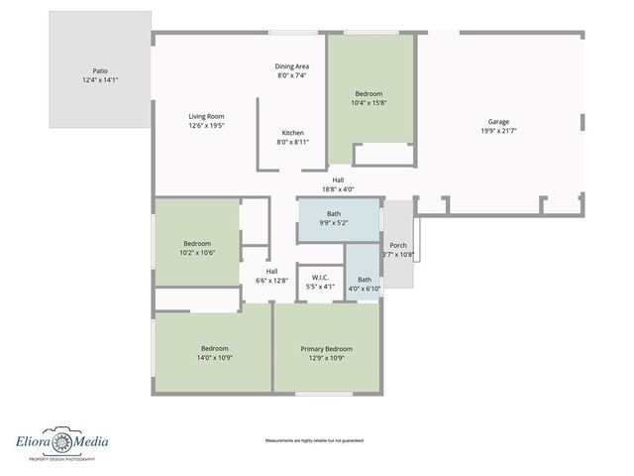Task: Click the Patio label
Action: [101, 71]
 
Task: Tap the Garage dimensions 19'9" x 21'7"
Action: [498, 131]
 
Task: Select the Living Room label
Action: [207, 116]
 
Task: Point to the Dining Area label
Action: [292, 65]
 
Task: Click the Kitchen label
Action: [292, 133]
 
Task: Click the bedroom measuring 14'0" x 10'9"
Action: [215, 353]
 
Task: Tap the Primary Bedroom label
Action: [327, 348]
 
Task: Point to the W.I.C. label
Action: [320, 278]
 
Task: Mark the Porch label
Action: [398, 245]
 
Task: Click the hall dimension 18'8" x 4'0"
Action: [338, 188]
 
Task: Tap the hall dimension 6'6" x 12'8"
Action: [271, 280]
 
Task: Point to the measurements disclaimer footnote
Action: [314, 440]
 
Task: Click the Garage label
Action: [498, 121]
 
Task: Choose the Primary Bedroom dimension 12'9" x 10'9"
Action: [327, 358]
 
